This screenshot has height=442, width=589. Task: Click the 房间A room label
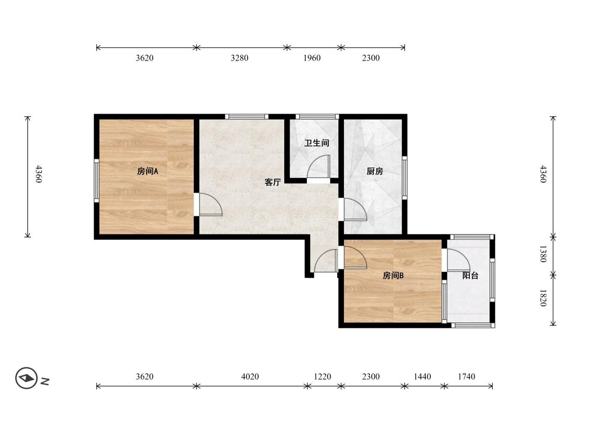pyautogui.click(x=148, y=171)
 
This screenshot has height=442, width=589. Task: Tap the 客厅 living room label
pyautogui.click(x=273, y=182)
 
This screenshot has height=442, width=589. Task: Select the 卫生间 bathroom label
pyautogui.click(x=317, y=143)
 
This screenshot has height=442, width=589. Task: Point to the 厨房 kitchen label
pyautogui.click(x=375, y=171)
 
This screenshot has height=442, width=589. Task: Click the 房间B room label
pyautogui.click(x=393, y=275)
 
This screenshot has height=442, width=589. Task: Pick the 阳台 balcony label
pyautogui.click(x=470, y=275)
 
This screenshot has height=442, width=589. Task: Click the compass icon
pyautogui.click(x=26, y=378)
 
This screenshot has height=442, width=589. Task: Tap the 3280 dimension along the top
pyautogui.click(x=239, y=58)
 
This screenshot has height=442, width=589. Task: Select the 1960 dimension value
pyautogui.click(x=312, y=58)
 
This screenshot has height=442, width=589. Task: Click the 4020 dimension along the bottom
pyautogui.click(x=250, y=377)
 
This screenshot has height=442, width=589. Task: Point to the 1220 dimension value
pyautogui.click(x=323, y=377)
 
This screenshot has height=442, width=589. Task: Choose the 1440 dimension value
pyautogui.click(x=422, y=377)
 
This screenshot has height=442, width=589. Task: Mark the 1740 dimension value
pyautogui.click(x=466, y=377)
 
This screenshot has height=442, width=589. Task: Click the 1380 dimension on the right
pyautogui.click(x=543, y=253)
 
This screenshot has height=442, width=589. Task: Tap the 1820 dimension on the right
pyautogui.click(x=543, y=297)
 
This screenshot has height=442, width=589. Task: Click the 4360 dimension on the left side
pyautogui.click(x=38, y=174)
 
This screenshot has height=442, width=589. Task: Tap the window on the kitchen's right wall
pyautogui.click(x=405, y=177)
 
